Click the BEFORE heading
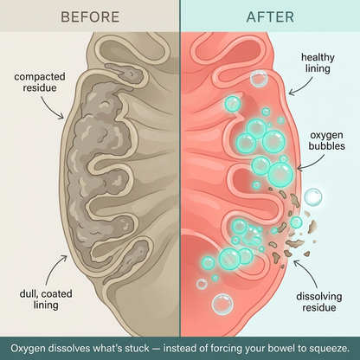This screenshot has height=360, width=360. (90, 17)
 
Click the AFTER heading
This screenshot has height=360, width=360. (270, 17)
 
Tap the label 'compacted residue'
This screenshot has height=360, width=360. (40, 82)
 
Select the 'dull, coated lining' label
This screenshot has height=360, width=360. (46, 299)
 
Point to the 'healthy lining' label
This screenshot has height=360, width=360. (318, 63)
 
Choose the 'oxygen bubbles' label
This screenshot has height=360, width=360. (326, 140)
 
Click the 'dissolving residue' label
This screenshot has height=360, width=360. (319, 302)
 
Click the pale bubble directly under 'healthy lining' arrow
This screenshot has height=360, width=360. (259, 79)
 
